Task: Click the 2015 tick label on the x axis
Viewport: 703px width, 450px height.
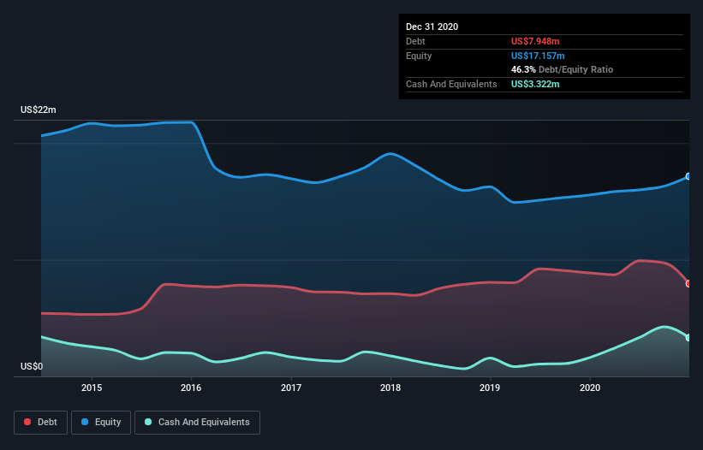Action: tap(92, 388)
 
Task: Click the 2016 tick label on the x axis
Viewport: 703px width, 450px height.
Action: tap(191, 388)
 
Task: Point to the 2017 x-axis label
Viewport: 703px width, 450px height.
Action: tap(291, 388)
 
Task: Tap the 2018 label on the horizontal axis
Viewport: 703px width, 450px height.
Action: tap(390, 388)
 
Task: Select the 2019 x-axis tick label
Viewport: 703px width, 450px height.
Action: tap(491, 388)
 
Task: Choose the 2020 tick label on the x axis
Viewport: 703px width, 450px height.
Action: tap(590, 388)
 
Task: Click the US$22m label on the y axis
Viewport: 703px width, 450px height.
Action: tap(39, 110)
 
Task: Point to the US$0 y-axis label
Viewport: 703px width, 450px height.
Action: tap(32, 367)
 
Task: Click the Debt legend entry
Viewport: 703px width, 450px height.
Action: tap(42, 422)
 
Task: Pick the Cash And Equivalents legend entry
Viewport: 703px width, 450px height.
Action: tap(197, 422)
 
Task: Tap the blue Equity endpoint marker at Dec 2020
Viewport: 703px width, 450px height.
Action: tap(688, 176)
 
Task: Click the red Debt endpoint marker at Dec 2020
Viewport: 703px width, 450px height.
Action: tap(688, 283)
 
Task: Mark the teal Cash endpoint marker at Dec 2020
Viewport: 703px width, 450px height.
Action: tap(688, 337)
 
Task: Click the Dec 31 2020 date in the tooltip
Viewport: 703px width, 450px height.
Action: tap(432, 27)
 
